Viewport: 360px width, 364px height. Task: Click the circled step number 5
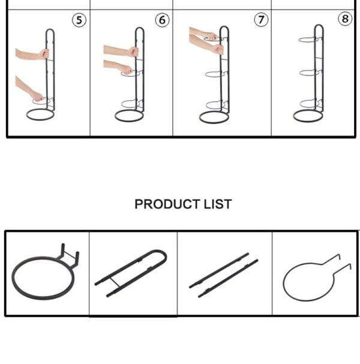[79, 20]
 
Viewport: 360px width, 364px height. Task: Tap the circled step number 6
[163, 20]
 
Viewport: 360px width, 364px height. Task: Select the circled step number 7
[261, 20]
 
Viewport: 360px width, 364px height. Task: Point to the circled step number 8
[345, 19]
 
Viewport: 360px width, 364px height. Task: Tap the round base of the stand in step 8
[308, 116]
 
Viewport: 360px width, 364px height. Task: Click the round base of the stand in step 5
[40, 114]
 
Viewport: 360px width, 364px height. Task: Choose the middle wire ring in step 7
[214, 74]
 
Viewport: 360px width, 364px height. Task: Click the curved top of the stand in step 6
[139, 30]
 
